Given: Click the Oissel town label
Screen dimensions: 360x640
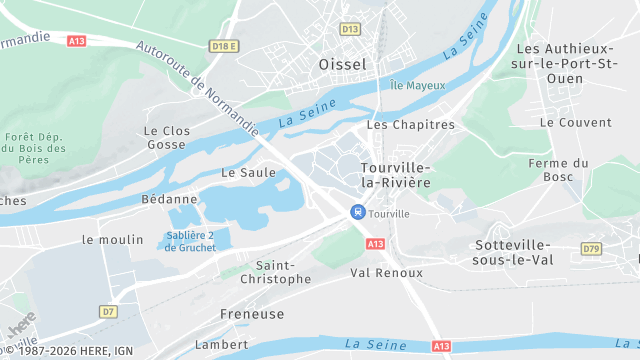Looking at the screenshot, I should pos(343,64).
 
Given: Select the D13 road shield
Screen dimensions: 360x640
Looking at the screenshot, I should pos(350,29).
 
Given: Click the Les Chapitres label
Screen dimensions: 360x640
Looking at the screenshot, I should pos(410,125).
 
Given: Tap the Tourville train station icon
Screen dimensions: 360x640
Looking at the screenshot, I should pos(357,212).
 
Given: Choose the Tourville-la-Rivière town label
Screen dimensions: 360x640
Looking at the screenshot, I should pos(395,174).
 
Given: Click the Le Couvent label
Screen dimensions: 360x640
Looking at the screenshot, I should pos(575,122).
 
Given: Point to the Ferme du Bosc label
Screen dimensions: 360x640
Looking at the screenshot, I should pos(558,170).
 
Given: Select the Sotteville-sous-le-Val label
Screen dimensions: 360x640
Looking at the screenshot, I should pos(514,252).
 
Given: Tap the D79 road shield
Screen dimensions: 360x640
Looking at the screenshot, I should pos(592,248).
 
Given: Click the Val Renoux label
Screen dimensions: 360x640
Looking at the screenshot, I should pos(386,272).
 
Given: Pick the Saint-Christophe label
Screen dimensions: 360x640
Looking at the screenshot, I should pos(283,272).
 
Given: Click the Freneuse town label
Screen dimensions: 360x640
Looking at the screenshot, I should pos(252,314).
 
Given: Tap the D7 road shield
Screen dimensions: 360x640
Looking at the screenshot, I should pos(108,311).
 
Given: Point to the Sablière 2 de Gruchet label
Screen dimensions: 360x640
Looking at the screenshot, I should pos(190,241).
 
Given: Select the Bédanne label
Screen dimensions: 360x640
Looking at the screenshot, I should pos(163,199).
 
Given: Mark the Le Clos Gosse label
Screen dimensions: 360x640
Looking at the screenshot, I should pos(166,137).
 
